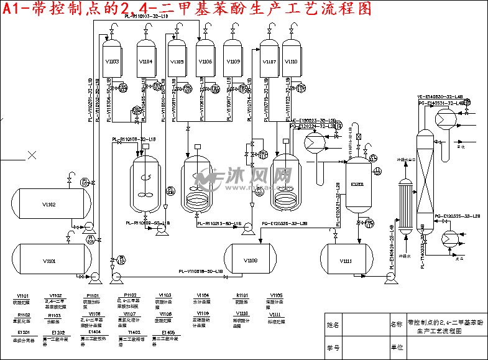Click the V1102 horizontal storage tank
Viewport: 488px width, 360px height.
49,204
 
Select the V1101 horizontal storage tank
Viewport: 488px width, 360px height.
49,260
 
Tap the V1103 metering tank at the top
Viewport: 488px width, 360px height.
112,61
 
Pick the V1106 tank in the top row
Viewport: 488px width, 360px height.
205,61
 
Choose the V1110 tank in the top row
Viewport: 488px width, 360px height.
292,61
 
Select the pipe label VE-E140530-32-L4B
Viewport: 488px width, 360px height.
439,97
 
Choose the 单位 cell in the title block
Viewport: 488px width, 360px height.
396,347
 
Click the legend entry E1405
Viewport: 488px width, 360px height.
167,333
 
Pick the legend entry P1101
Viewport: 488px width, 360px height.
93,295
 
